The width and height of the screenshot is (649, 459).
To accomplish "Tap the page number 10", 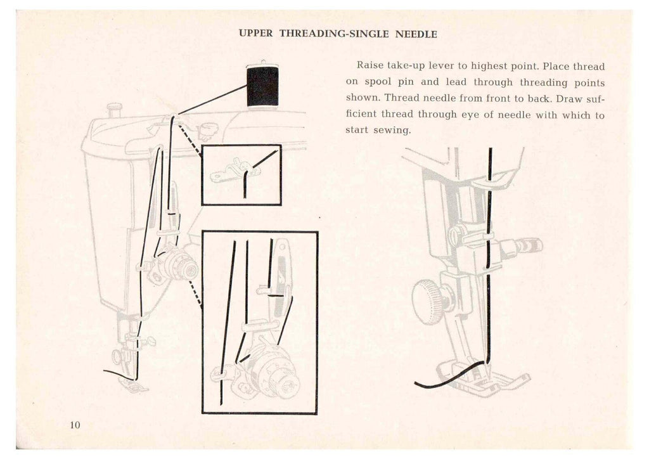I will (x=75, y=425).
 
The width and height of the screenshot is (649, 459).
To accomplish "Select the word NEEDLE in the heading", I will (x=416, y=34).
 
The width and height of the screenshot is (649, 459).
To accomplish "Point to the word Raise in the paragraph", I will (x=370, y=65).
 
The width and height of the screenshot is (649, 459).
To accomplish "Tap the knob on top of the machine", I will (x=114, y=109).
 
